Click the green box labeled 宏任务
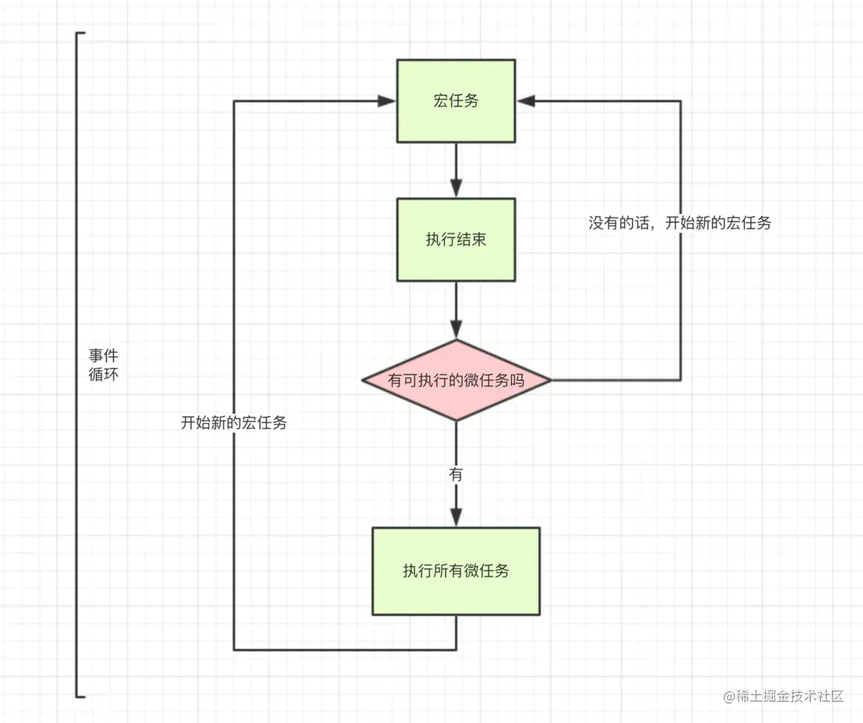click(x=456, y=101)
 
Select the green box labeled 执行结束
click(x=456, y=239)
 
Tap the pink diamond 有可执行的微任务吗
click(x=456, y=380)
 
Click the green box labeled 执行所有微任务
click(x=456, y=571)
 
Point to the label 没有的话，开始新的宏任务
click(x=679, y=223)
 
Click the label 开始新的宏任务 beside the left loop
click(x=233, y=423)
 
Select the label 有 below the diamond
click(x=456, y=474)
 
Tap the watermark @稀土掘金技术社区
click(x=782, y=697)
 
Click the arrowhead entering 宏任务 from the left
click(x=389, y=101)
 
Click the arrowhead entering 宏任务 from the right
click(x=525, y=101)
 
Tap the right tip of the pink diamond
click(x=550, y=380)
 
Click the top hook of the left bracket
click(x=81, y=34)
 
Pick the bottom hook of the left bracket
click(x=81, y=696)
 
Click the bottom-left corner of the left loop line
click(x=234, y=649)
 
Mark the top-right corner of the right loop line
click(x=681, y=101)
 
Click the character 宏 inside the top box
click(x=441, y=101)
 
